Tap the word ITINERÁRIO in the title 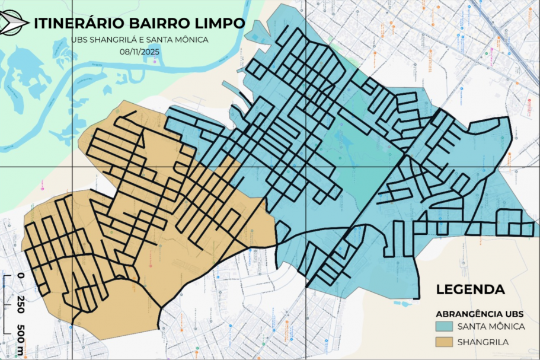79,23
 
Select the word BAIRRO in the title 158,23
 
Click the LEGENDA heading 470,290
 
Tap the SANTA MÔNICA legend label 490,327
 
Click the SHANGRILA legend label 483,342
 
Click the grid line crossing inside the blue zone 305,167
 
